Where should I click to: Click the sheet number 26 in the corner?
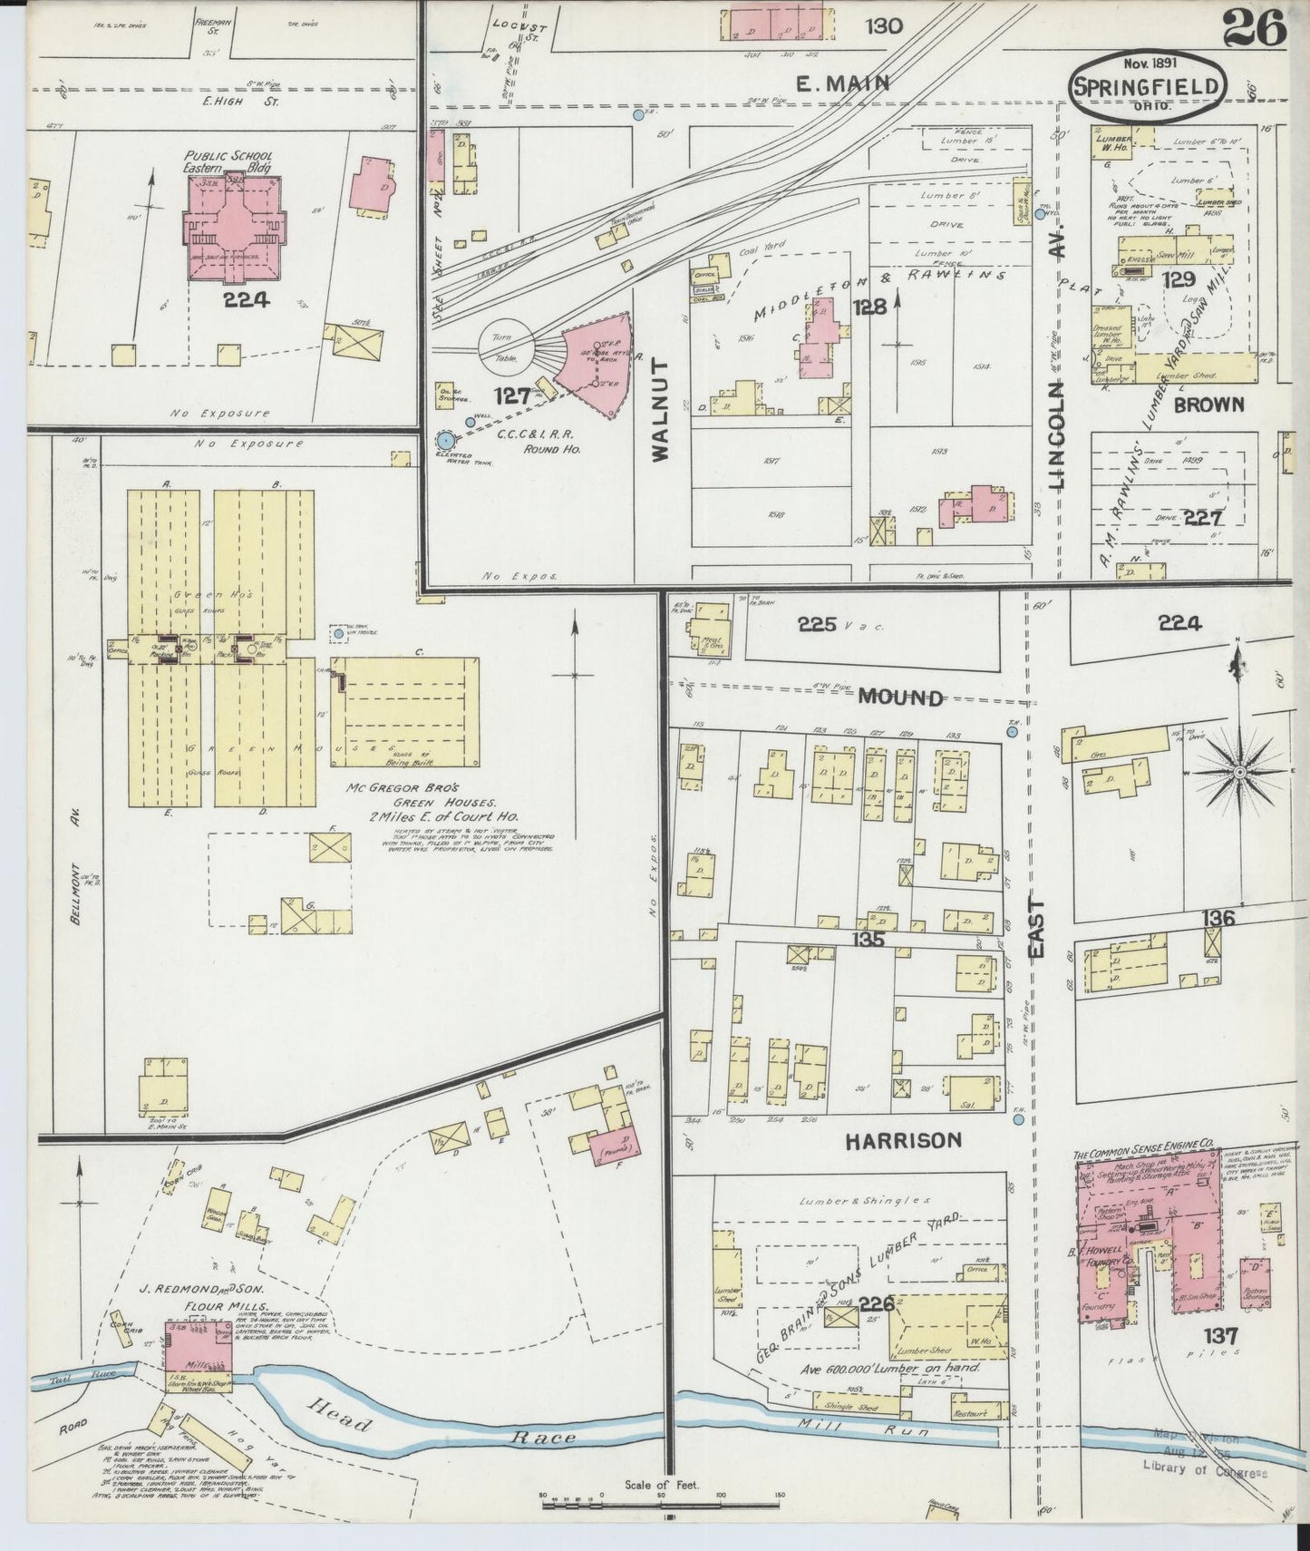click(1255, 29)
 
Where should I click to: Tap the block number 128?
click(868, 307)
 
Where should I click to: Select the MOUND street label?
click(900, 697)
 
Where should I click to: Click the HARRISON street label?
click(903, 1140)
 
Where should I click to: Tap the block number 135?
click(868, 940)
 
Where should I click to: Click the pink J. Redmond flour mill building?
click(198, 1345)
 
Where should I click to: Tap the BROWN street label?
click(1208, 404)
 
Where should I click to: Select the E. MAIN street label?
click(841, 83)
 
